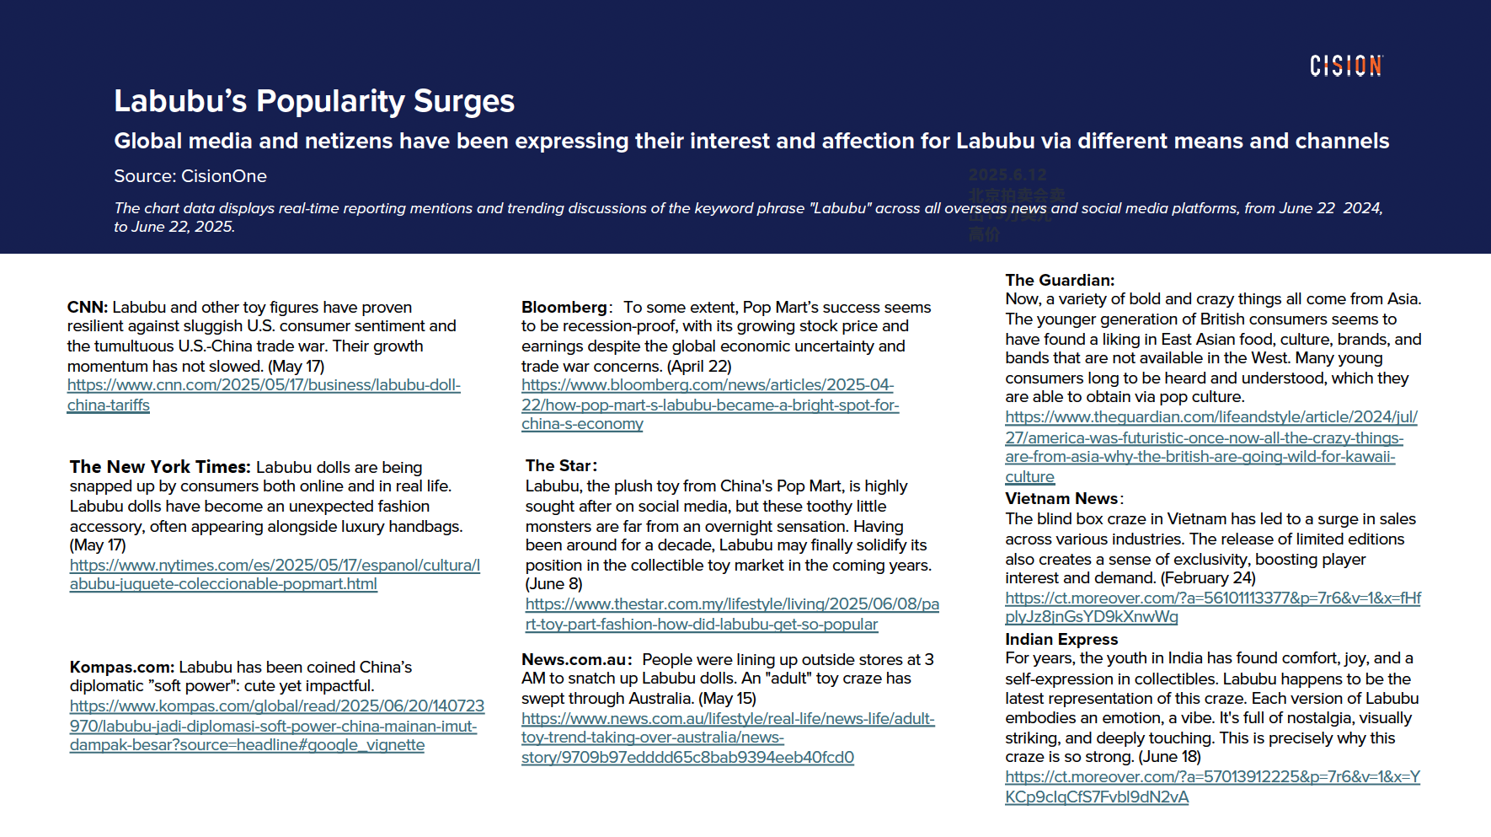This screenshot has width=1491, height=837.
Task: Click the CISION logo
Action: coord(1345,66)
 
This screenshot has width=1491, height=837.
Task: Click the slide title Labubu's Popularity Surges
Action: coord(314,101)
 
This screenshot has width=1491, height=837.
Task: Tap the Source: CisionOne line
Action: coord(190,176)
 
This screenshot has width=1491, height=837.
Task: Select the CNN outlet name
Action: coord(87,307)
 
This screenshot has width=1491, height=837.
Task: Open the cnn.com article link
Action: coord(264,386)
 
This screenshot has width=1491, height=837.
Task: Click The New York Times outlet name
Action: coord(160,467)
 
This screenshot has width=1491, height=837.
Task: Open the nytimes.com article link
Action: coord(275,566)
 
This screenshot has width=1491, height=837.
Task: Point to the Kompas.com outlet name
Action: coord(122,668)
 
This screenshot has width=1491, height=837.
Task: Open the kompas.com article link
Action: coord(276,706)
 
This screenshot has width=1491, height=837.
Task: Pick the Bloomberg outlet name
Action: coord(564,307)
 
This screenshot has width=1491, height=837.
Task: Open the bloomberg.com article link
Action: coord(707,386)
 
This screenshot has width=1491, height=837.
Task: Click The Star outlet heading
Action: coord(558,466)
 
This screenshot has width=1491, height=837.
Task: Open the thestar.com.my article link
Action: coord(731,604)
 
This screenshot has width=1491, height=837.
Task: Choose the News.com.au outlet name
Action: coord(574,660)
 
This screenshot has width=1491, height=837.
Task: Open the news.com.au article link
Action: coord(727,719)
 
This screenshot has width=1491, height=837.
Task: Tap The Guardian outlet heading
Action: coord(1059,281)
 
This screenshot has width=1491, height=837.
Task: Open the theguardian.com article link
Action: coord(1210,417)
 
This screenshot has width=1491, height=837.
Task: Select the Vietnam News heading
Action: coord(1061,499)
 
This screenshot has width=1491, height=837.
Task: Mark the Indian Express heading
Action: coord(1061,640)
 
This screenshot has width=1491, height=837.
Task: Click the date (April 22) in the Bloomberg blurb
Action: coord(699,367)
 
